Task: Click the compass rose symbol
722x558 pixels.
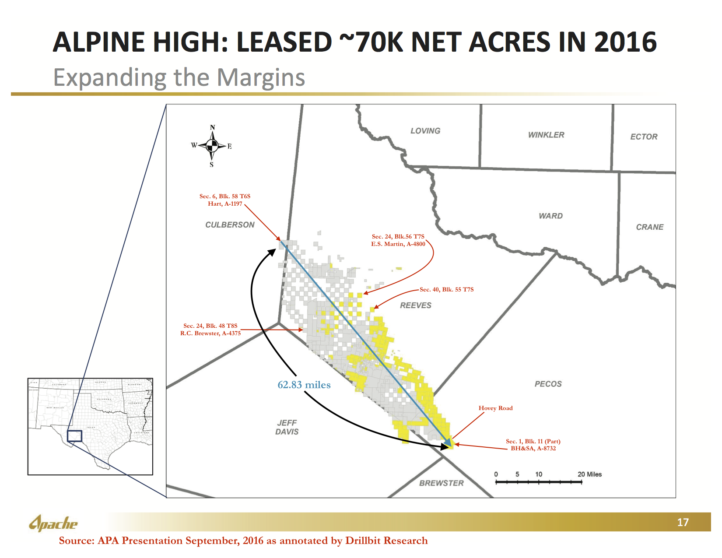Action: pos(212,146)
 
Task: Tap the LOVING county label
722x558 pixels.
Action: pos(425,131)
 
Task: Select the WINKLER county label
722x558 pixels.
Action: pos(546,135)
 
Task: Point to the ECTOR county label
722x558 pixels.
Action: pos(644,137)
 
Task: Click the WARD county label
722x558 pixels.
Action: pos(550,216)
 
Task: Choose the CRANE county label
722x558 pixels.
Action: pos(649,227)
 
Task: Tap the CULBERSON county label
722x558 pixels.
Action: pos(230,225)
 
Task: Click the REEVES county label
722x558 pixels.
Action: pos(415,305)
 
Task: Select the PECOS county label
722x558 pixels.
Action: pos(548,384)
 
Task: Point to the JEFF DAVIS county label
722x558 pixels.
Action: pos(287,427)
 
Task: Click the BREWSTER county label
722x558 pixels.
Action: pos(441,483)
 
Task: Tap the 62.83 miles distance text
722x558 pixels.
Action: pos(304,385)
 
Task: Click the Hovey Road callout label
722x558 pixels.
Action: pos(495,408)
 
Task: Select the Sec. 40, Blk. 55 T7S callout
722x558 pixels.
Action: pos(446,289)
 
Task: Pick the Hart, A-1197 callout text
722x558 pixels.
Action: pos(225,204)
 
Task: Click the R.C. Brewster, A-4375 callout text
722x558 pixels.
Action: pos(210,333)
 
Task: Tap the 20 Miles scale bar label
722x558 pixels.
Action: pos(589,474)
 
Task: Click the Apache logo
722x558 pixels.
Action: pos(53,523)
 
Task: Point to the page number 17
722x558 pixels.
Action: pos(683,522)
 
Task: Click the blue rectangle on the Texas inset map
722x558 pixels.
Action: pos(74,436)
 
